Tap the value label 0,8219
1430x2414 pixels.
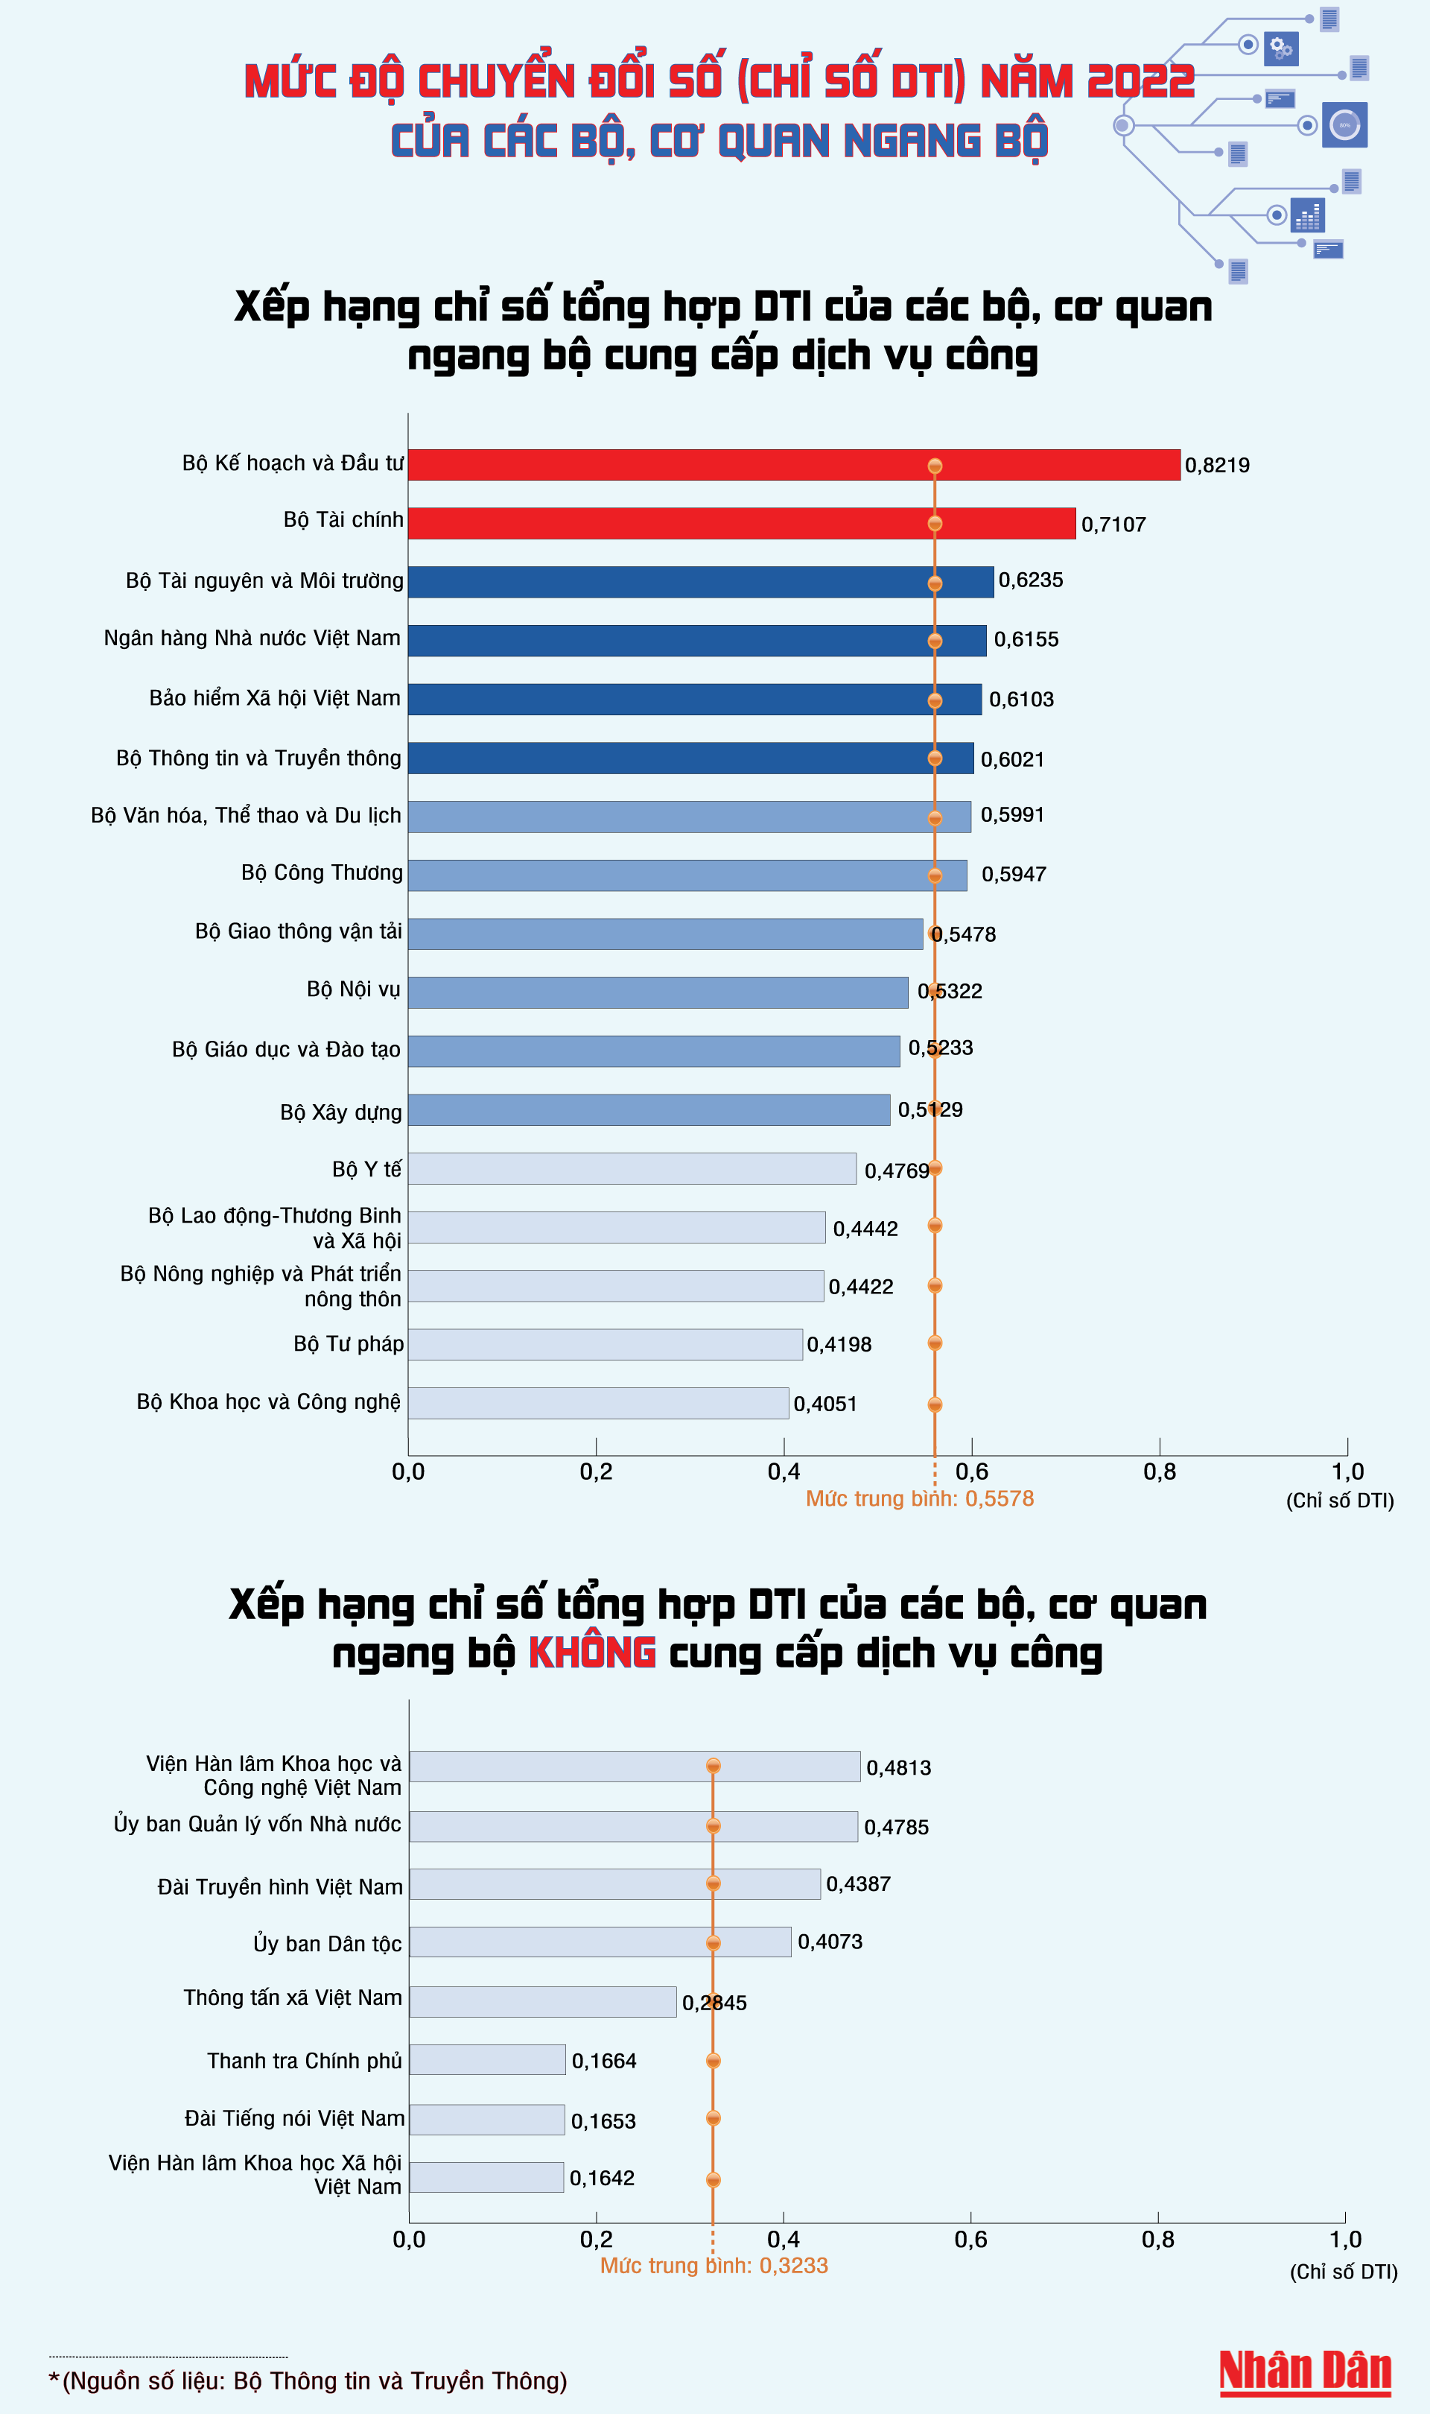(x=1217, y=466)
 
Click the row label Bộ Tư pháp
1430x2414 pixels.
(x=349, y=1343)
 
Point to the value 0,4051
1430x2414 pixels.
(x=824, y=1404)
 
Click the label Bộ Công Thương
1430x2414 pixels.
(x=322, y=872)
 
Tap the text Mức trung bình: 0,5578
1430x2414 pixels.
(x=919, y=1498)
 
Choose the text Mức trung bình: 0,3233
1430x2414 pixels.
(x=714, y=2266)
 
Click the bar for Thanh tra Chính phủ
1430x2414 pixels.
(x=488, y=2059)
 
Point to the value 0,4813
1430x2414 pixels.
(x=898, y=1767)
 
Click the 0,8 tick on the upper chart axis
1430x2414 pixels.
(x=1159, y=1471)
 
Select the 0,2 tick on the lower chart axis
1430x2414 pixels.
(x=597, y=2240)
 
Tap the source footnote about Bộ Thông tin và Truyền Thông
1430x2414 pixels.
(x=308, y=2380)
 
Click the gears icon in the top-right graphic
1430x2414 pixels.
(x=1280, y=47)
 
